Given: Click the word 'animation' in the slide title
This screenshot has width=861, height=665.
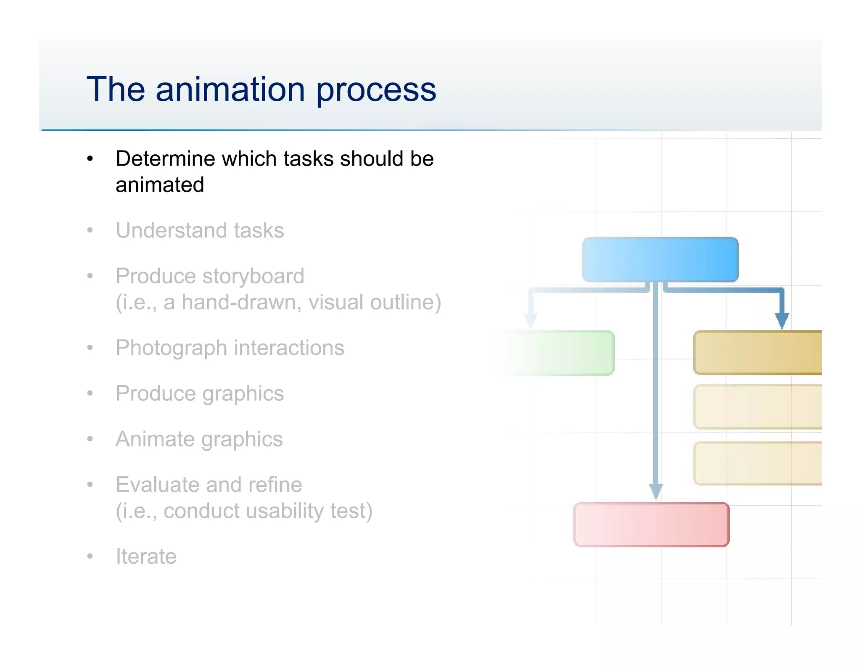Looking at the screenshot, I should click(230, 89).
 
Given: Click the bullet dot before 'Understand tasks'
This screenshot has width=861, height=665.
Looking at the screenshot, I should click(90, 230).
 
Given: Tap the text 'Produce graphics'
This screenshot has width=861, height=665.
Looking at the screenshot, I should click(200, 394).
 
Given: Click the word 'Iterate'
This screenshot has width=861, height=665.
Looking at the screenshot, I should click(146, 557).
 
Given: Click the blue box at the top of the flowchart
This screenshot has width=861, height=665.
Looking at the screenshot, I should click(660, 259).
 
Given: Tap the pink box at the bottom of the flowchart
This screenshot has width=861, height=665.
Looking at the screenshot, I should click(651, 524).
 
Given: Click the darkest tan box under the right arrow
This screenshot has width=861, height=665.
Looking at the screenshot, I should click(757, 352).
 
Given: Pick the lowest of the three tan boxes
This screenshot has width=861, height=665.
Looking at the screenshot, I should click(757, 463).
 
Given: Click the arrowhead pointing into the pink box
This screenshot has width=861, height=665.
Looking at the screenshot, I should click(656, 491).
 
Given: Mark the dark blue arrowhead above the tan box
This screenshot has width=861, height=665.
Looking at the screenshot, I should click(782, 320).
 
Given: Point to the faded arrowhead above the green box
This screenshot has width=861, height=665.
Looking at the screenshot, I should click(531, 320).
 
